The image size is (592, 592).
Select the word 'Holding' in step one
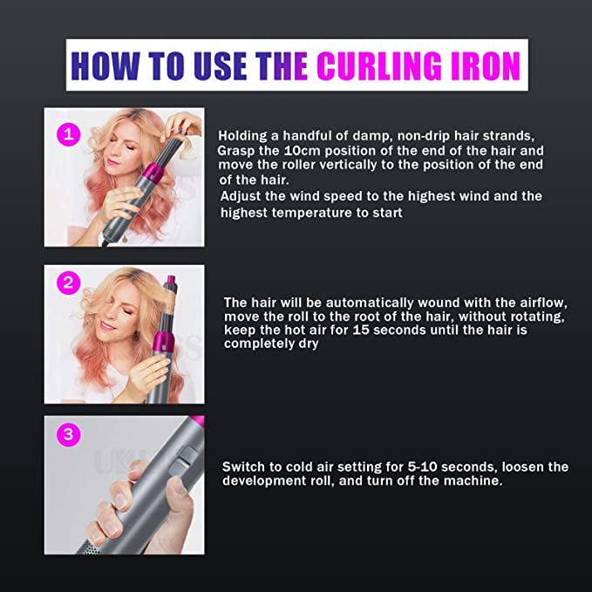(x=243, y=135)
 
